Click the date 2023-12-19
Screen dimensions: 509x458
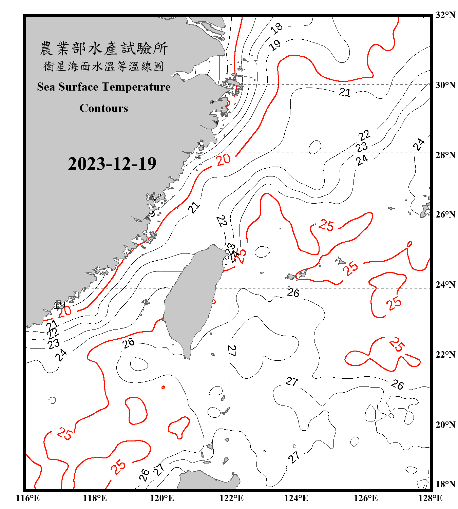click(x=112, y=164)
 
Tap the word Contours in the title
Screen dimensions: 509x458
click(x=104, y=108)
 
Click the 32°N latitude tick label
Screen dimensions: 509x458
click(x=445, y=15)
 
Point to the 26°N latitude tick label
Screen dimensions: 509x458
click(x=445, y=214)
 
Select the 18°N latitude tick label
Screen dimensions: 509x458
click(x=445, y=484)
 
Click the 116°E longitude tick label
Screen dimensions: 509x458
click(x=28, y=498)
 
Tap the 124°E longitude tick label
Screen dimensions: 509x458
click(x=296, y=498)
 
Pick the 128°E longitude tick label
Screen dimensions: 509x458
click(x=430, y=498)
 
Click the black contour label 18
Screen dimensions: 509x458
click(x=277, y=28)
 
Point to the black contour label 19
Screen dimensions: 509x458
click(x=275, y=45)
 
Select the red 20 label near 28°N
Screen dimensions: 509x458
click(x=224, y=159)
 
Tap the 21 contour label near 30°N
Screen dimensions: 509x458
click(x=345, y=92)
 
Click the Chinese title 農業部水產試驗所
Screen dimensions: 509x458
click(x=103, y=49)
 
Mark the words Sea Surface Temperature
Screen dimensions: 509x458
click(x=104, y=87)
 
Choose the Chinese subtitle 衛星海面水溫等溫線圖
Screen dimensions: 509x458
click(x=103, y=66)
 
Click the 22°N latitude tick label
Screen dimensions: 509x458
click(x=445, y=355)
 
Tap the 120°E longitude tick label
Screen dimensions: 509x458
click(x=162, y=498)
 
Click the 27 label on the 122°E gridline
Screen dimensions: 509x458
click(x=232, y=351)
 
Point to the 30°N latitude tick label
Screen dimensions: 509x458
click(x=445, y=85)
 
